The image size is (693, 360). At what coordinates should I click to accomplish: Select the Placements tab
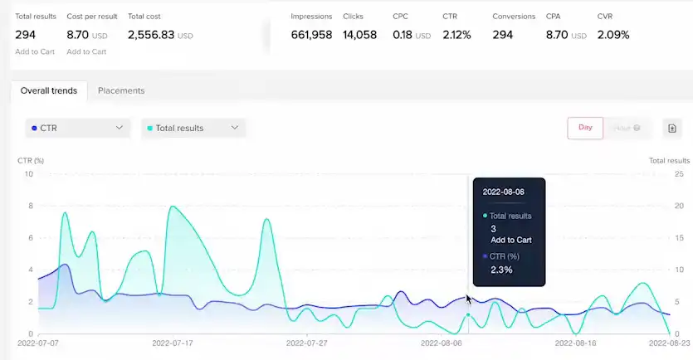[121, 90]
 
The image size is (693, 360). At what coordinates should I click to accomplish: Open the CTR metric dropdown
[77, 128]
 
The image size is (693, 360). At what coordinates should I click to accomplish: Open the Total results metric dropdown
[193, 128]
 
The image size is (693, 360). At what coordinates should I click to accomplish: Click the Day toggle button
[585, 128]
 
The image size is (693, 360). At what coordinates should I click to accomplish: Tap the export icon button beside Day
[672, 128]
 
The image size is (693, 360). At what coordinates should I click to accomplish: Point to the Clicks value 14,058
[359, 35]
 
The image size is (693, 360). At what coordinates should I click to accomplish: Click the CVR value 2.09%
[612, 35]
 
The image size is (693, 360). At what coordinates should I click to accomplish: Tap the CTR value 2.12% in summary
[456, 35]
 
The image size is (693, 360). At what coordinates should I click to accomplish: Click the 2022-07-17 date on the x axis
[173, 342]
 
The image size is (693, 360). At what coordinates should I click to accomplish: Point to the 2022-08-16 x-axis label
[575, 342]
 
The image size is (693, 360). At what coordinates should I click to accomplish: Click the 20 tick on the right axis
[677, 206]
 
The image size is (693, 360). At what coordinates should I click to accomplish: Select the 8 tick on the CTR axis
[31, 206]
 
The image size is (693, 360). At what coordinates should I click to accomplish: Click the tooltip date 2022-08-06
[503, 192]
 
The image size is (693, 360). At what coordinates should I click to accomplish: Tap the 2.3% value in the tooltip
[501, 270]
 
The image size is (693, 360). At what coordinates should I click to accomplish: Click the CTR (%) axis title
[31, 160]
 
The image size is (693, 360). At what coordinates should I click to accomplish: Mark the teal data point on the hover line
[469, 315]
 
